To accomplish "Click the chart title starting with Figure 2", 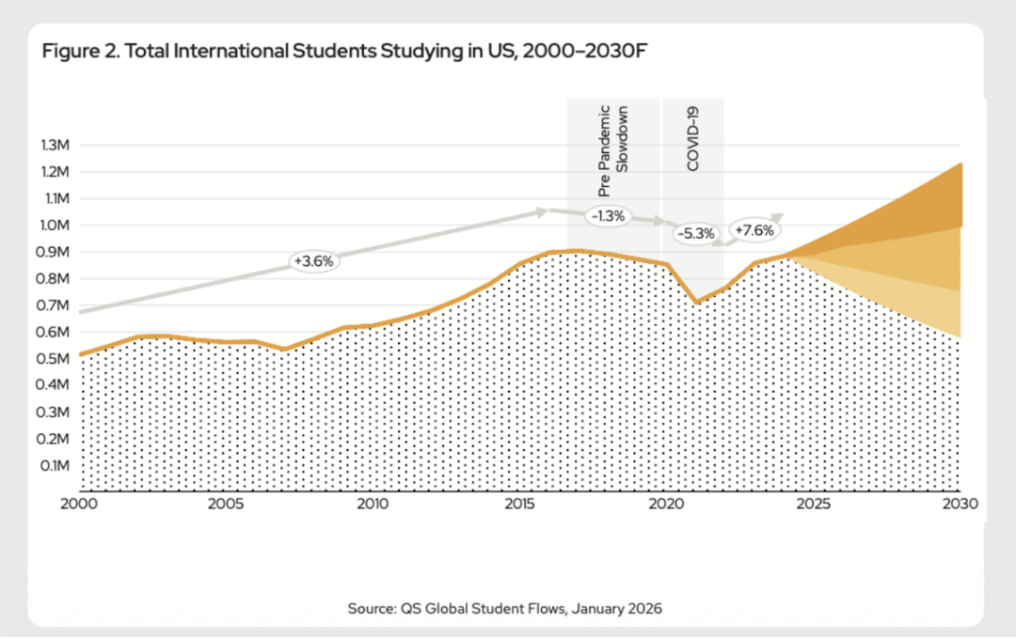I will coord(344,51).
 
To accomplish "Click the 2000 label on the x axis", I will coord(79,504).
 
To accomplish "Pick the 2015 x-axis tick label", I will coord(519,504).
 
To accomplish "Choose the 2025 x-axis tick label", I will coord(813,504).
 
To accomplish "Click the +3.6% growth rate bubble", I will coord(313,261).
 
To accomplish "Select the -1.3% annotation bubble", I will coord(607,216).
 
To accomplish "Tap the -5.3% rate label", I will coord(696,233).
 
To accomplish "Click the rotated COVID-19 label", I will coord(693,139).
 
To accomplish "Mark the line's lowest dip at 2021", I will coord(696,302).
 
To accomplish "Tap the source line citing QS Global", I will coord(505,609).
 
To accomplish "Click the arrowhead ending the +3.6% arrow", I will coord(543,211).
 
